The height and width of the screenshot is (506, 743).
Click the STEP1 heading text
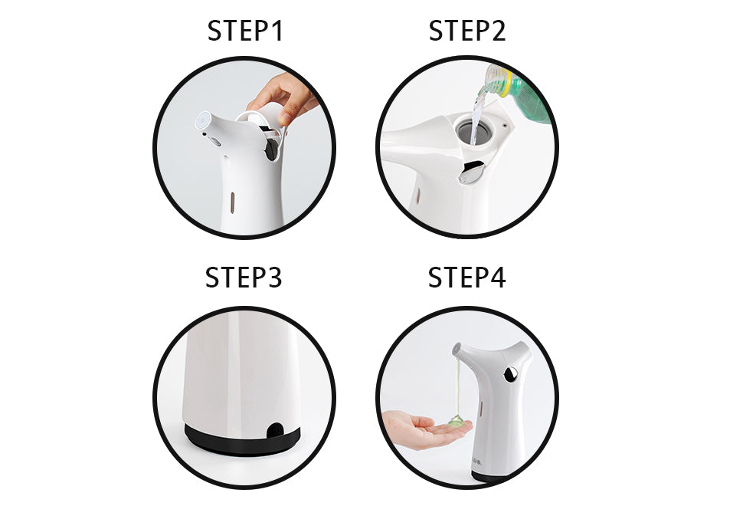click(245, 31)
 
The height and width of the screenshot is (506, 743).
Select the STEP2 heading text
click(467, 31)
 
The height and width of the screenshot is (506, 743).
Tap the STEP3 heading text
click(244, 278)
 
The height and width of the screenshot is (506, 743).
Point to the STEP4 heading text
click(467, 278)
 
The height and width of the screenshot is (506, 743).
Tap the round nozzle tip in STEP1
click(205, 120)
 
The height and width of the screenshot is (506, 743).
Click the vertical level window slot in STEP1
click(232, 202)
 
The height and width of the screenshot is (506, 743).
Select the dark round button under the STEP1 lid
click(272, 149)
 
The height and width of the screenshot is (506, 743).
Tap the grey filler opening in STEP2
click(473, 128)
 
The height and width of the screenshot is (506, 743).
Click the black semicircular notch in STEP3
click(273, 429)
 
